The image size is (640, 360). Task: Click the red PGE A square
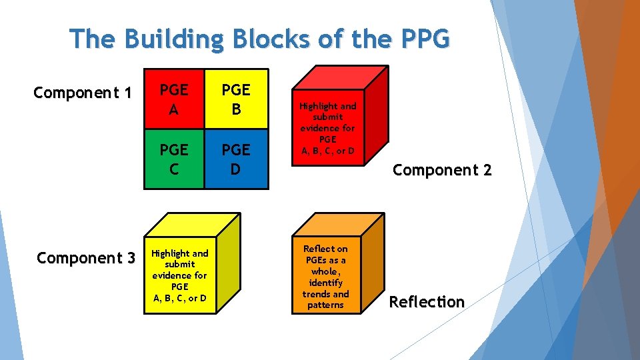pyautogui.click(x=173, y=99)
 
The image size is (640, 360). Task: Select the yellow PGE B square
pyautogui.click(x=235, y=99)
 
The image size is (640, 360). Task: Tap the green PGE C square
pyautogui.click(x=173, y=159)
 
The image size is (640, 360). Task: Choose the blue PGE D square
pyautogui.click(x=235, y=159)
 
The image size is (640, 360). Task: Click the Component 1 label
pyautogui.click(x=82, y=93)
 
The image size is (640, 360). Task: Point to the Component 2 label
pyautogui.click(x=442, y=170)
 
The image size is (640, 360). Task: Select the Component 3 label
pyautogui.click(x=86, y=257)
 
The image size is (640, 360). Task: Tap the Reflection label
pyautogui.click(x=427, y=302)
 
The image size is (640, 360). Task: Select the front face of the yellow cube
pyautogui.click(x=179, y=274)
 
